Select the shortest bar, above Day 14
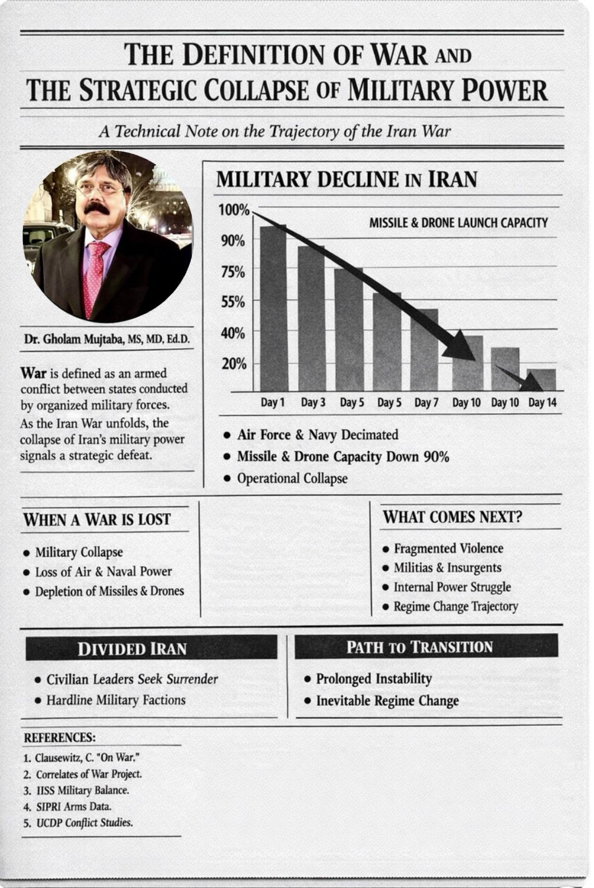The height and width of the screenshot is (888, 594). coord(541,380)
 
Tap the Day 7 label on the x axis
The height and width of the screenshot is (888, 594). coord(426,403)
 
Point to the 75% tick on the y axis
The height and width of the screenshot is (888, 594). coord(233,273)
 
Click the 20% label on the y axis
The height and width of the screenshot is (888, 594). coord(233,364)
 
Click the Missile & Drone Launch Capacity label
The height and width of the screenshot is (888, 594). coord(458,223)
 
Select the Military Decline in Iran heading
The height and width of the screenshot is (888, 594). coord(347,179)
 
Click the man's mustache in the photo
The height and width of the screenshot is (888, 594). coord(97,208)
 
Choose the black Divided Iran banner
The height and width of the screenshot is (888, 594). coord(151,648)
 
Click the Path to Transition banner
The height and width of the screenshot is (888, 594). coord(426,647)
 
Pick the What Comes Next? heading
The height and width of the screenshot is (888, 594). coord(452,517)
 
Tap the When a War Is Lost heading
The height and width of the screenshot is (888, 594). coord(97,520)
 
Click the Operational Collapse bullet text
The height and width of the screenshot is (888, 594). coord(292,479)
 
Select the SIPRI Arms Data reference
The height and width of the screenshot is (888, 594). coord(73,806)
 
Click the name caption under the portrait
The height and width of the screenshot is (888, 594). coord(107,339)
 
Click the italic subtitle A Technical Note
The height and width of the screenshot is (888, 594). coord(275,131)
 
